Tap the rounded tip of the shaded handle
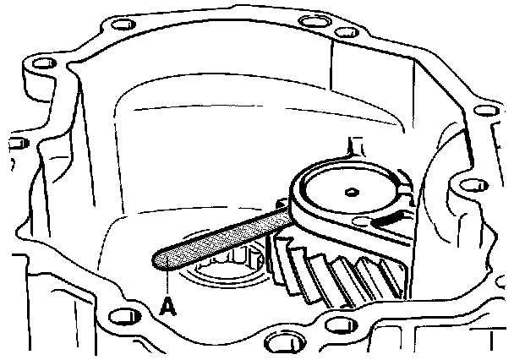pyautogui.click(x=161, y=259)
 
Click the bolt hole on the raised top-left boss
pyautogui.click(x=36, y=65)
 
